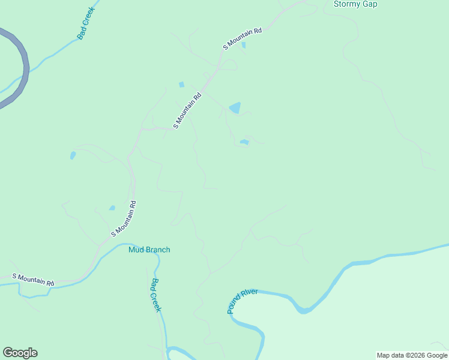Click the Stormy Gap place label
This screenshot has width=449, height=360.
355,4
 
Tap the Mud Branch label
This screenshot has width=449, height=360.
149,250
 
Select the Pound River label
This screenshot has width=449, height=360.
242,301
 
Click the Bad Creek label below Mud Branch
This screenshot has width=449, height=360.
156,295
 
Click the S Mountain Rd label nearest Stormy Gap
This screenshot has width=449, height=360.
243,38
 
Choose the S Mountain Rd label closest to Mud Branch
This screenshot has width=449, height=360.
124,218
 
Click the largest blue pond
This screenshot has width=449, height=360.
235,108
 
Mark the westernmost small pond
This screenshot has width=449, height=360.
73,155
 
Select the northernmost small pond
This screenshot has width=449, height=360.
243,45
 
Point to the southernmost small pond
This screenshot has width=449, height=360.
112,208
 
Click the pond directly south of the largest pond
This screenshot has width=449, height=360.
244,142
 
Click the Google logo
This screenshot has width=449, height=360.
20,353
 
